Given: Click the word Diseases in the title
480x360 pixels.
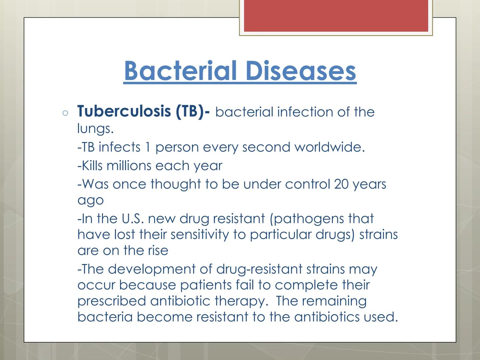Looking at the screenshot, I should [301, 71].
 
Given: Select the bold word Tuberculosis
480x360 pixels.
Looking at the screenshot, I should [124, 111].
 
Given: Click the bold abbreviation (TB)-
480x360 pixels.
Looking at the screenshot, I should [193, 111].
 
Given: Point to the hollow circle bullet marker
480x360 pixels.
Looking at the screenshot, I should [65, 113].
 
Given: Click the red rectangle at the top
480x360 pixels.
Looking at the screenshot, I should [336, 16].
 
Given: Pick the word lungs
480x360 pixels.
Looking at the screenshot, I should [95, 129].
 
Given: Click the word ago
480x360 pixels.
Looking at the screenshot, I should [91, 201].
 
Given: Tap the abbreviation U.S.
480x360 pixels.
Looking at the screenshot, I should [133, 219].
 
